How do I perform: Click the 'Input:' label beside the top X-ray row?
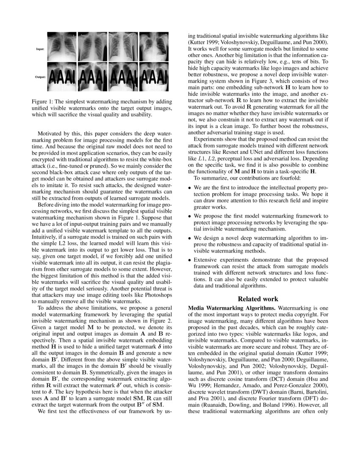41,49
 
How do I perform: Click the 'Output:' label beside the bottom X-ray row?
41,78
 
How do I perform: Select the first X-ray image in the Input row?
61,47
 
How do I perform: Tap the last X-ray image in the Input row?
154,47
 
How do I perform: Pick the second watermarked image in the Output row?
92,77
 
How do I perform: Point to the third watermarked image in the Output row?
123,77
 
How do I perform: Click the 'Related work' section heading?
258,299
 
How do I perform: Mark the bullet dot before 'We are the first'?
190,187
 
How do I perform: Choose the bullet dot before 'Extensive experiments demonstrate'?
190,260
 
